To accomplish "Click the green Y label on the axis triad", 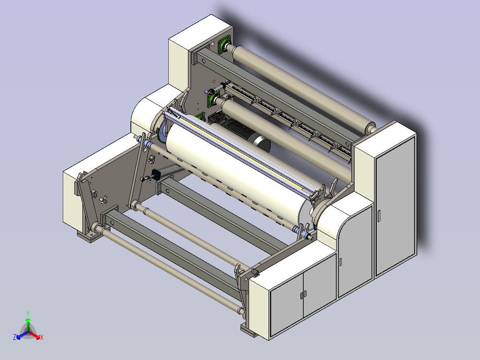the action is [28, 313].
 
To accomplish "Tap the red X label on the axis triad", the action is [42, 337].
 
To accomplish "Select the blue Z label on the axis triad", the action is [15, 337].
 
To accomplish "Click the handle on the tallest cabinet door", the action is [379, 216].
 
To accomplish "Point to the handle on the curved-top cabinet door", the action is [341, 262].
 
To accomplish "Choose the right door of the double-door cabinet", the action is [320, 286].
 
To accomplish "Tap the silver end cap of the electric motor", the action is [263, 144].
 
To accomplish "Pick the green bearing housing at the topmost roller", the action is [224, 45].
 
